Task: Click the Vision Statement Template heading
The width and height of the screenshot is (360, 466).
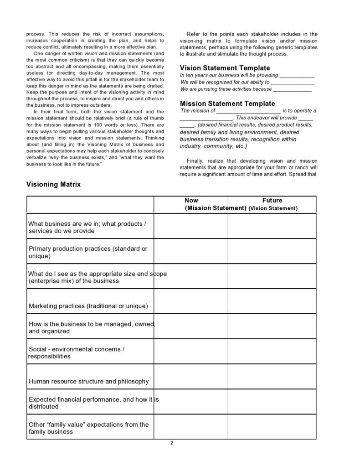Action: (x=225, y=68)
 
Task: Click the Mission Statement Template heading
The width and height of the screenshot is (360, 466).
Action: (x=227, y=104)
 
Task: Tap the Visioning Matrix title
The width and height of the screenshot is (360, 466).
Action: (x=53, y=185)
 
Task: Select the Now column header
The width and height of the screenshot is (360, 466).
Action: (x=191, y=201)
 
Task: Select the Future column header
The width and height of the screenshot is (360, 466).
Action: (x=273, y=201)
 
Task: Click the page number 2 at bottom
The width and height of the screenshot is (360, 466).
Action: (x=172, y=443)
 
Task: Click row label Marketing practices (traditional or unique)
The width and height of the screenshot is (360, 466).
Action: (x=88, y=306)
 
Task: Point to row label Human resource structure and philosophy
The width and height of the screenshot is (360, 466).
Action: (x=88, y=381)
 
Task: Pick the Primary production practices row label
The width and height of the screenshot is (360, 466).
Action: (x=88, y=252)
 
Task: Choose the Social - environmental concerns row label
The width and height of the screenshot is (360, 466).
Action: (x=77, y=352)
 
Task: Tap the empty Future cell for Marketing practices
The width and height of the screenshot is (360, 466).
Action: (x=272, y=301)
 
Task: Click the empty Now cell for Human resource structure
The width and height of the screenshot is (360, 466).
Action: (x=191, y=377)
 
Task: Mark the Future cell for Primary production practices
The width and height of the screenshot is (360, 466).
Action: (x=272, y=251)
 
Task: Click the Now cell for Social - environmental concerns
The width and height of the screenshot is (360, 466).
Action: (x=191, y=352)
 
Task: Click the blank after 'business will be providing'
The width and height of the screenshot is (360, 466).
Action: (x=297, y=76)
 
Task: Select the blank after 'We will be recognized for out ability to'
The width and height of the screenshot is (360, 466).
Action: (x=292, y=83)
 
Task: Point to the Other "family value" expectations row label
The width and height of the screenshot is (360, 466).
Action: (x=88, y=428)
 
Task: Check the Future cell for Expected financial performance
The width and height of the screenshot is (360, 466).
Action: (x=272, y=402)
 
